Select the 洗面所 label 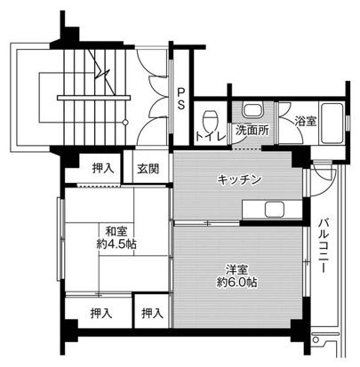click(252, 131)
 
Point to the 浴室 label click(304, 121)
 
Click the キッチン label click(239, 180)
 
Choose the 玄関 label click(148, 168)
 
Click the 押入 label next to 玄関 click(103, 168)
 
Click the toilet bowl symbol click(211, 121)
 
